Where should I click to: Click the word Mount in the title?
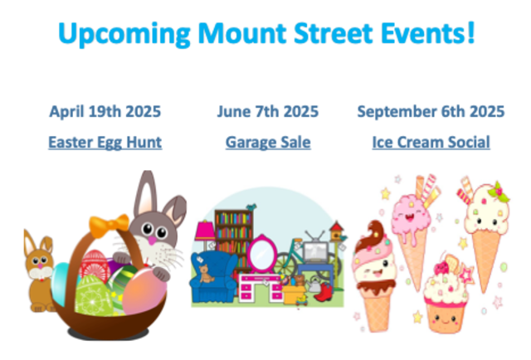pos(241,33)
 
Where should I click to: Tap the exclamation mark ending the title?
pos(471,32)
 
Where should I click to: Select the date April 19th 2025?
pos(105,111)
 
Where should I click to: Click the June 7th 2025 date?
pos(267,111)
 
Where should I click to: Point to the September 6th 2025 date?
pos(431,111)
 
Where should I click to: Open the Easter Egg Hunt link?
pos(105,143)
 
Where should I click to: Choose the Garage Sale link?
pos(268,143)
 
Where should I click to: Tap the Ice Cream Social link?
pos(431,143)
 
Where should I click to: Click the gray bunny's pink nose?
pos(152,241)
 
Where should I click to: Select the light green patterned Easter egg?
pos(93,295)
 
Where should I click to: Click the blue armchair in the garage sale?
pos(212,277)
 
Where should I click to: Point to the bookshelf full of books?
pos(234,234)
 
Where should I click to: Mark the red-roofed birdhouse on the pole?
pos(336,231)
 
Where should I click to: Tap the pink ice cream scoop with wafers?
pos(411,212)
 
